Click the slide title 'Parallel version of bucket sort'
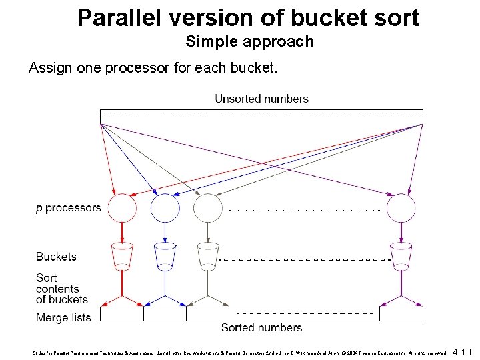(x=248, y=17)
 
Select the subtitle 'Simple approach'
(x=249, y=41)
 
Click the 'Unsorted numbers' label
(x=261, y=99)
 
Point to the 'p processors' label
(x=68, y=208)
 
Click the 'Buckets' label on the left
(x=56, y=257)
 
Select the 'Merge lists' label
(x=63, y=317)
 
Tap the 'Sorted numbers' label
(x=261, y=327)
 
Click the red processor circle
(x=122, y=208)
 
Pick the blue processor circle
(x=165, y=208)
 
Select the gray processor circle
(x=207, y=208)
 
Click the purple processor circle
(x=401, y=208)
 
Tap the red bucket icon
(x=122, y=255)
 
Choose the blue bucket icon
(x=165, y=255)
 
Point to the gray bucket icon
(x=207, y=255)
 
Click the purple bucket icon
(x=401, y=255)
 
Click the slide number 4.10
(x=461, y=351)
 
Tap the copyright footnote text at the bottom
(x=240, y=352)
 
